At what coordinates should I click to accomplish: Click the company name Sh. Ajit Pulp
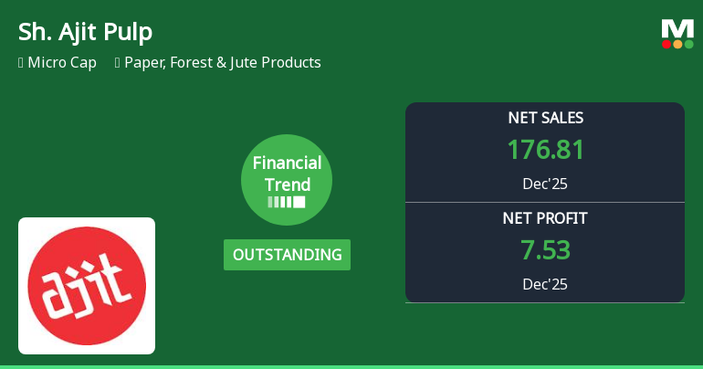point(85,32)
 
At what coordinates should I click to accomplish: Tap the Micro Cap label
point(62,63)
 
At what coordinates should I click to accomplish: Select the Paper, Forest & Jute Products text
point(223,63)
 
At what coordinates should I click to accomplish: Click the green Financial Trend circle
point(287,180)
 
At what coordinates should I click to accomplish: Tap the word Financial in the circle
point(287,163)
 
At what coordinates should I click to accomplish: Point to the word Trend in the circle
point(287,184)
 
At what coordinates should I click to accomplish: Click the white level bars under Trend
point(287,202)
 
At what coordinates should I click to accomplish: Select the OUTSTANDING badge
point(287,255)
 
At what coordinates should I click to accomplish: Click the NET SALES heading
point(545,118)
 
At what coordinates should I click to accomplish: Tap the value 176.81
point(545,150)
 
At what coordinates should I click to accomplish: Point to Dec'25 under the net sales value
point(545,184)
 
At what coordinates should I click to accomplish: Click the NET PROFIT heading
point(545,218)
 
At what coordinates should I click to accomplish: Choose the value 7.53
point(545,250)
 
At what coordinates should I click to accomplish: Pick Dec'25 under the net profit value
point(545,284)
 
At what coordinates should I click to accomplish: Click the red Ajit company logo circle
point(87,286)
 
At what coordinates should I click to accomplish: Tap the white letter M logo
point(677,27)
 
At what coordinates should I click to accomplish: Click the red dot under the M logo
point(667,44)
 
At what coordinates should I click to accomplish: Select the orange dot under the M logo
point(677,44)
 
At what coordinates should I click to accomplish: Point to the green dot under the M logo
point(688,44)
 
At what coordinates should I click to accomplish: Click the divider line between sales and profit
point(545,202)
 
